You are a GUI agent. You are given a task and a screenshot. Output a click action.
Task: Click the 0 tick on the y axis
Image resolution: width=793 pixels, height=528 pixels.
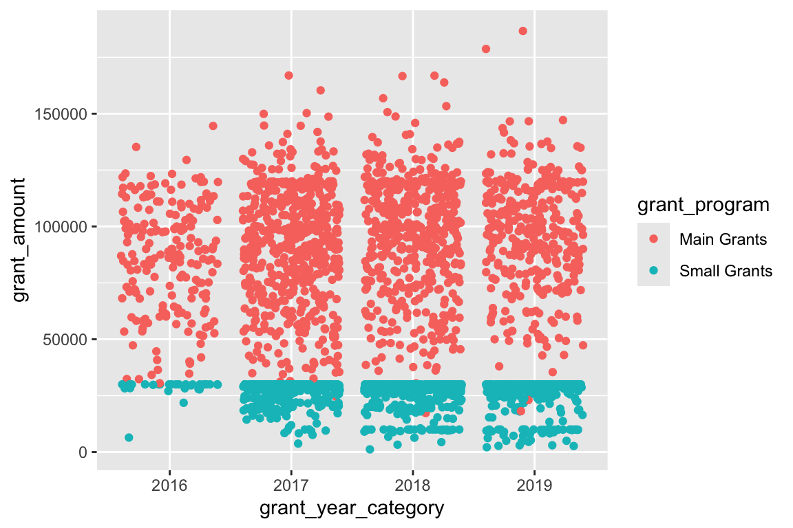pos(82,452)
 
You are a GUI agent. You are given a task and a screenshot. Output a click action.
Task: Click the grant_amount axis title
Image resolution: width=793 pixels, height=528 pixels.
pos(21,239)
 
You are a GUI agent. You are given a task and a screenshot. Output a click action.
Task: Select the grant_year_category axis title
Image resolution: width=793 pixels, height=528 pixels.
pos(351,509)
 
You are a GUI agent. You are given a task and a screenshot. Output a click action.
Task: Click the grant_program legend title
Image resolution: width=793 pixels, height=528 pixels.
pos(703,205)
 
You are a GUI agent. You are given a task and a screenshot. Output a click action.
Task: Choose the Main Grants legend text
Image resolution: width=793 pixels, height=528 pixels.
pos(723,239)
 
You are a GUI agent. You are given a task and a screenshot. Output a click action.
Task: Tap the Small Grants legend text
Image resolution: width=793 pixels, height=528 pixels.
pos(726,271)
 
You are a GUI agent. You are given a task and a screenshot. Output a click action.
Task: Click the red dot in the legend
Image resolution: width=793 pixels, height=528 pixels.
pos(653,239)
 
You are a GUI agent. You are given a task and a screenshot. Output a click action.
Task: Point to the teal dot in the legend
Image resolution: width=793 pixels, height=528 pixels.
pos(653,271)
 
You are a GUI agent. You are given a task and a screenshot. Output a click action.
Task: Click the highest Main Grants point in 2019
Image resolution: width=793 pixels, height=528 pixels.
pos(523,31)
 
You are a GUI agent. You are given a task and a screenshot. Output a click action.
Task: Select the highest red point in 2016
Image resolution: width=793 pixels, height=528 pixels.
pos(213,126)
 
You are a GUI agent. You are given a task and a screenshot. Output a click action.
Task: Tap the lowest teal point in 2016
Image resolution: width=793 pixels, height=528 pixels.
pos(129,437)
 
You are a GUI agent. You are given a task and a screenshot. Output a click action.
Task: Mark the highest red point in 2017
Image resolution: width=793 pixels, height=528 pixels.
pos(289,76)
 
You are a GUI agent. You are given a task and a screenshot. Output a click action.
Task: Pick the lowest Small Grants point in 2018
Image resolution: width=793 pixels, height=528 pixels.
pos(370,449)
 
